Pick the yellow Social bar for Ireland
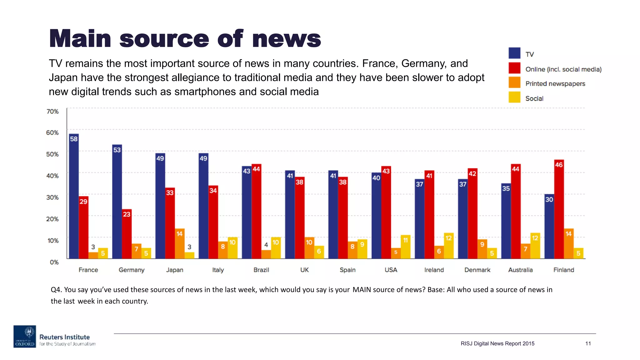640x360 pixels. coord(448,247)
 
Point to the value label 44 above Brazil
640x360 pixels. coord(256,169)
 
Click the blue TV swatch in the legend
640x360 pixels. coord(514,53)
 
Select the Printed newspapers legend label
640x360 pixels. coord(555,84)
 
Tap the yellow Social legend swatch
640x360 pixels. coord(514,97)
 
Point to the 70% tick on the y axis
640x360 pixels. coord(52,112)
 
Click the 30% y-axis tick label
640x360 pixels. coord(52,197)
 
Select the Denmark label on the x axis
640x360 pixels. coord(477,270)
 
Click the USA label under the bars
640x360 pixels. coord(391,270)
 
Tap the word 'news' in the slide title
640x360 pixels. coord(286,39)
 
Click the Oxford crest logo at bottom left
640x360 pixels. coord(25,336)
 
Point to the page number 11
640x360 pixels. coord(588,343)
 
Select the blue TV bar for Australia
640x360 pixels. coord(506,222)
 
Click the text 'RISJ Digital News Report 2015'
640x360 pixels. coord(497,343)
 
